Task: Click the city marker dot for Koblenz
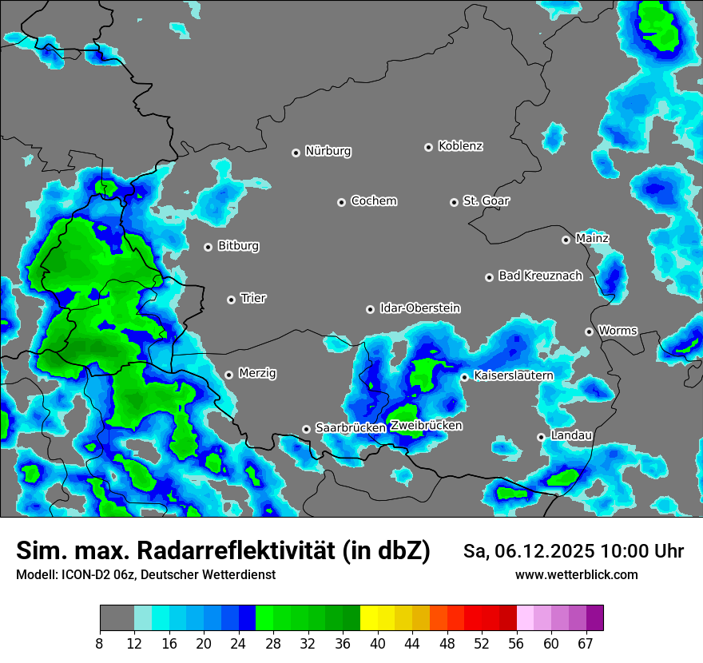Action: tap(428, 147)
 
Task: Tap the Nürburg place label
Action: tap(328, 151)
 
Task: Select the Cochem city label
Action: tap(373, 201)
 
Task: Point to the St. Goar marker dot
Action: tap(454, 202)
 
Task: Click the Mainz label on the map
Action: tap(592, 238)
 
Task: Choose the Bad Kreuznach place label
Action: tap(540, 276)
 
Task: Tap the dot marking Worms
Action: tap(589, 331)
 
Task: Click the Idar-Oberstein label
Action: tap(419, 308)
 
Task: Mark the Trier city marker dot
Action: tap(231, 300)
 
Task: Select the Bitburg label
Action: tap(238, 246)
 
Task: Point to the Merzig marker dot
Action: tap(228, 375)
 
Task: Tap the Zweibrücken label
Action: tap(426, 426)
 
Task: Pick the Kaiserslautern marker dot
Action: tap(464, 377)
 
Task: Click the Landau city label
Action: tap(571, 435)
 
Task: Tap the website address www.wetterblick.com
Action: tap(576, 575)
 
